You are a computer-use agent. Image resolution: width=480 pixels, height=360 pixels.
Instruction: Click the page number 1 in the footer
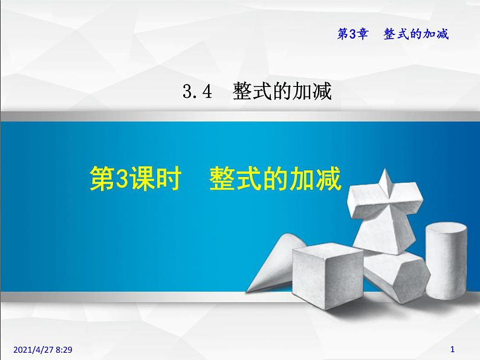[x=453, y=349]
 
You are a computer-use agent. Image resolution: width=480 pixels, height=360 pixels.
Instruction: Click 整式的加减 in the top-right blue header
[x=417, y=34]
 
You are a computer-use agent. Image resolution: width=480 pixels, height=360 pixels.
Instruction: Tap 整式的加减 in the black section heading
[x=282, y=92]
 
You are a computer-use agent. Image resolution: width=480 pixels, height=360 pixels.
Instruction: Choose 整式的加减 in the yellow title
[x=276, y=179]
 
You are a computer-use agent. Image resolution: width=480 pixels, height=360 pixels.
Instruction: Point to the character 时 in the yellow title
[x=167, y=179]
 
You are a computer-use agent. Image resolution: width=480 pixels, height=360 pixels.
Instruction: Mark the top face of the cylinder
[x=446, y=229]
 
